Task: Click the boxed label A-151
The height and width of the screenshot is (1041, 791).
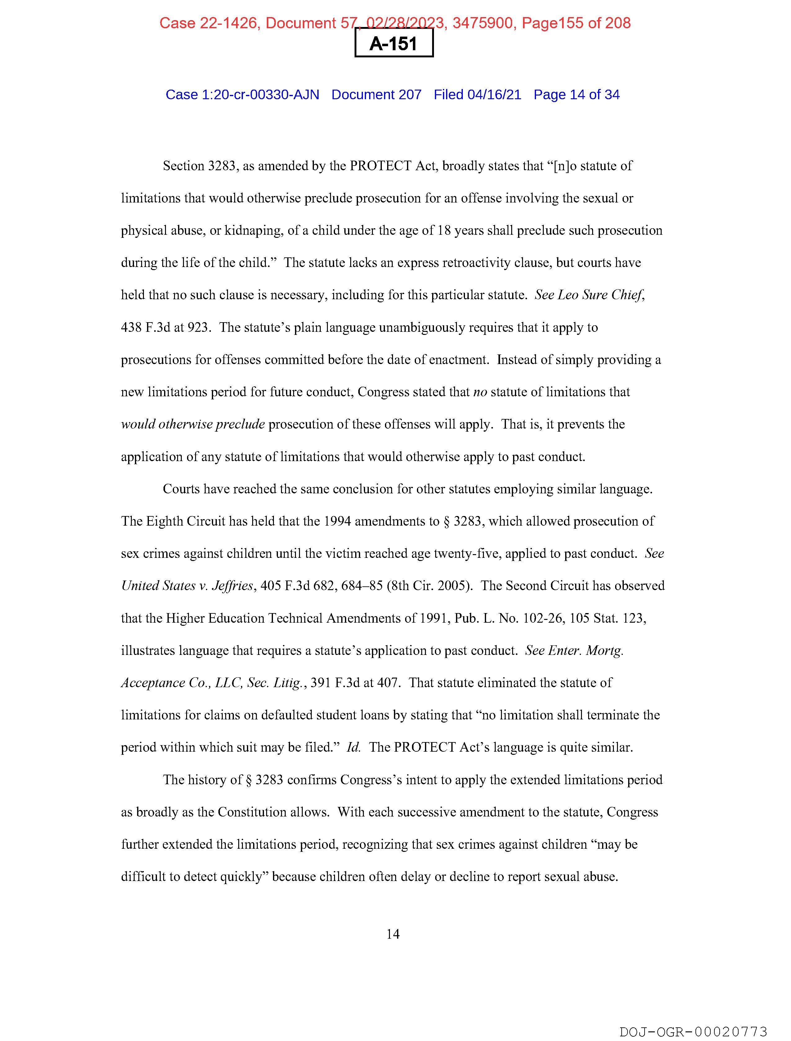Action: coord(394,44)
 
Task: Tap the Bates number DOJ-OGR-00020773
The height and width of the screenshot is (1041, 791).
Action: coord(693,1032)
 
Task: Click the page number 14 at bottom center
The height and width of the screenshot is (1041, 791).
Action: coord(393,934)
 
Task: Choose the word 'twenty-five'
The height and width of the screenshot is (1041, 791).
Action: coord(467,554)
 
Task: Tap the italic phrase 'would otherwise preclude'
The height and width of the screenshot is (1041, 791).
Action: coord(193,425)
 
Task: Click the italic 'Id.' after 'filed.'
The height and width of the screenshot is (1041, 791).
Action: coord(353,748)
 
